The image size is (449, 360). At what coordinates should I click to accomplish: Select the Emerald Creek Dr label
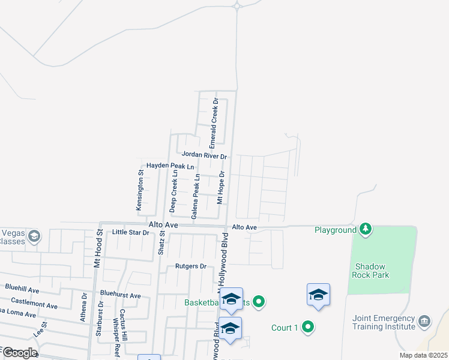[x=213, y=124]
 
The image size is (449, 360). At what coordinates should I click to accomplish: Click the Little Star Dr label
[x=130, y=232]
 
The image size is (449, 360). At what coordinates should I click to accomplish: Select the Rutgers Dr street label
[x=191, y=266]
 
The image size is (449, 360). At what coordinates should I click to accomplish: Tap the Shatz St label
[x=161, y=243]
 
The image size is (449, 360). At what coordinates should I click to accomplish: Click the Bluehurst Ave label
[x=121, y=295]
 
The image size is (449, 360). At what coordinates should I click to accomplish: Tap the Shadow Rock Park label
[x=372, y=271]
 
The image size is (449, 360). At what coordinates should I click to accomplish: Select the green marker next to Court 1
[x=308, y=327]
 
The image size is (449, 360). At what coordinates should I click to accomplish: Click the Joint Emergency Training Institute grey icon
[x=425, y=322]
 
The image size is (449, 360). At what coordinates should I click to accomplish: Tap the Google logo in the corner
[x=19, y=353]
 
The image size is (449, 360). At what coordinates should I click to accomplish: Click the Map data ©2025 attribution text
[x=423, y=355]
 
